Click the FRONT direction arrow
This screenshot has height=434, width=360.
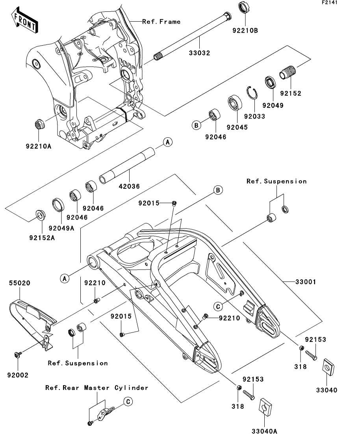[25, 20]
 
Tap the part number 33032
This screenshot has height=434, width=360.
[200, 53]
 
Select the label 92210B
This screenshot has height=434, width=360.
[245, 30]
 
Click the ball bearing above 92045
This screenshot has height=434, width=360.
[235, 103]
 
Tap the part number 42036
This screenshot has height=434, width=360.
[129, 187]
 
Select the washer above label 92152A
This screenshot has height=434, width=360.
[41, 216]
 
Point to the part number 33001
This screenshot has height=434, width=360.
[305, 282]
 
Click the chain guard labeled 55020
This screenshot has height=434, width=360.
[33, 324]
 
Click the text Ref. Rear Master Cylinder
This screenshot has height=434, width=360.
[97, 388]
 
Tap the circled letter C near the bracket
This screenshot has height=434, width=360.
[128, 402]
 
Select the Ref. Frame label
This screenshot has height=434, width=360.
[161, 22]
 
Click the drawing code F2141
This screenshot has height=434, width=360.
[330, 2]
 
